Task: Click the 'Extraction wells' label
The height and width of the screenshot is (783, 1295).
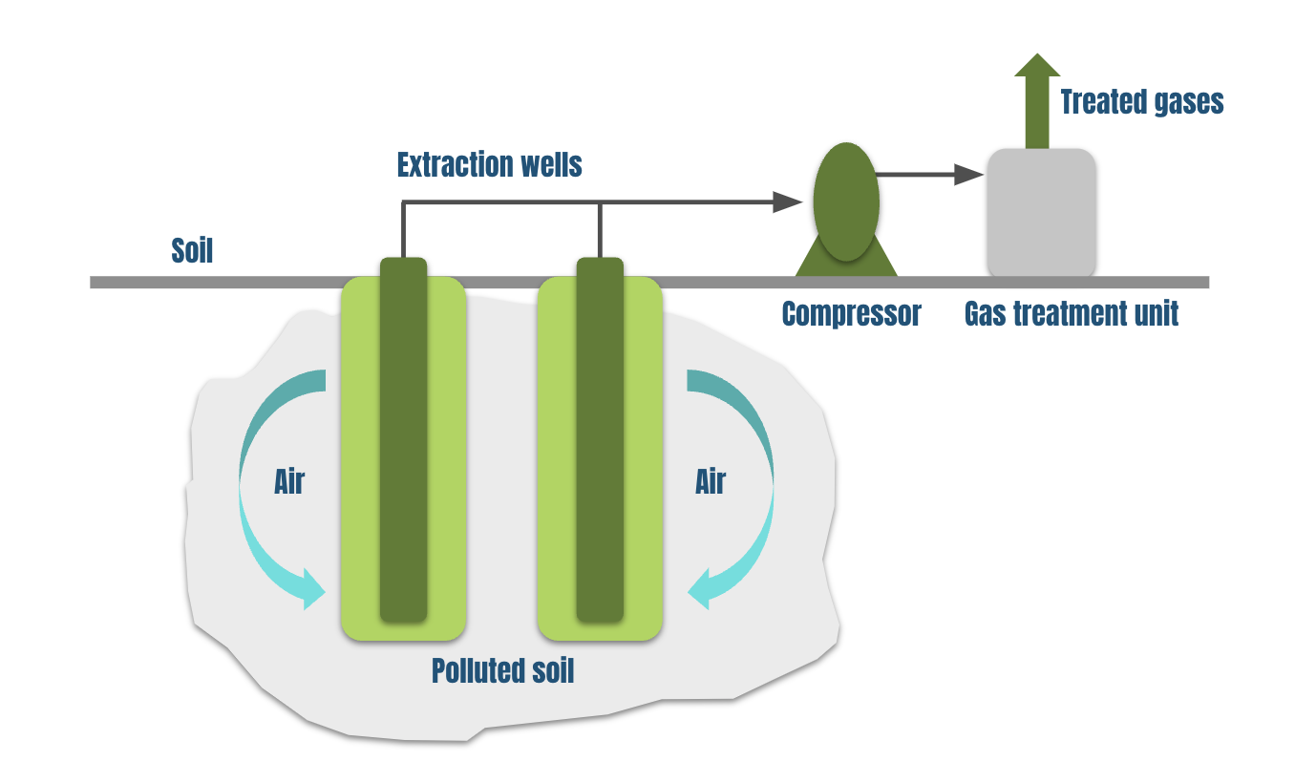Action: point(489,165)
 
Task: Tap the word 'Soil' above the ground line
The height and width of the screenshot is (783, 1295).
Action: point(192,251)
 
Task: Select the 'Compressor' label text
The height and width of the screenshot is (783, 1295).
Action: point(851,313)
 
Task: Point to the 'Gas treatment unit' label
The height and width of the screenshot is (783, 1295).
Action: point(1072,313)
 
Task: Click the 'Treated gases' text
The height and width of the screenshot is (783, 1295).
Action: point(1142,101)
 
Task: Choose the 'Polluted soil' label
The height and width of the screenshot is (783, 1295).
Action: point(502,670)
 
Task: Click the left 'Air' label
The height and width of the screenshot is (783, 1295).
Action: point(288,481)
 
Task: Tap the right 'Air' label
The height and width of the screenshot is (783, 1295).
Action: point(710,481)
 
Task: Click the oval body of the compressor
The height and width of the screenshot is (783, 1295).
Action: point(845,201)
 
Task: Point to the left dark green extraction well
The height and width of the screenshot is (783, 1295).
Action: point(403,439)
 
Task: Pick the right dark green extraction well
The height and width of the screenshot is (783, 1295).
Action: point(600,439)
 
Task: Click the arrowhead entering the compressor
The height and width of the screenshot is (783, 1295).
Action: point(787,201)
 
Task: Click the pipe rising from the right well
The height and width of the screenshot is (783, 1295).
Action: point(600,229)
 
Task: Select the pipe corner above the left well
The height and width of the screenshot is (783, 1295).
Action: point(404,202)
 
